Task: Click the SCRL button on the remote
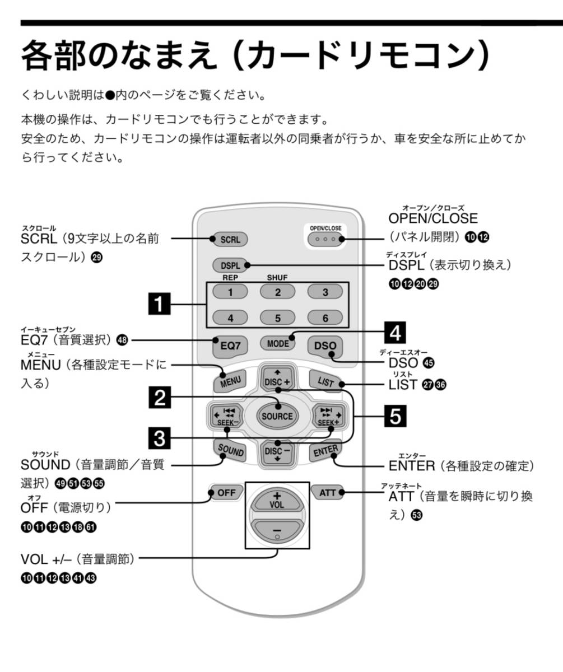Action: [x=230, y=239]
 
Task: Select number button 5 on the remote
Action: [x=277, y=318]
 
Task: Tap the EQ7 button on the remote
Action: [x=230, y=346]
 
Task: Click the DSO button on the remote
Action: [x=325, y=346]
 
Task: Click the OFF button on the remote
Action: [x=226, y=493]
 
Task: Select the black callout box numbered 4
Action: [x=396, y=333]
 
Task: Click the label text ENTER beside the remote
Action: [x=412, y=466]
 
